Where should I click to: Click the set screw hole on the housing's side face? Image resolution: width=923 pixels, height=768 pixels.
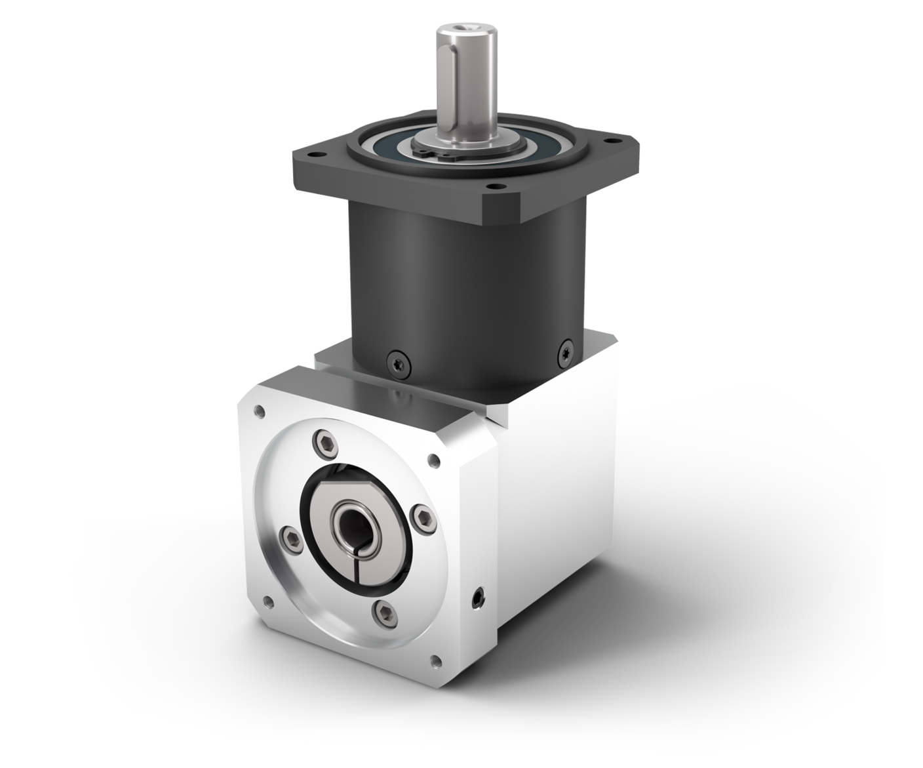coord(478,596)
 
